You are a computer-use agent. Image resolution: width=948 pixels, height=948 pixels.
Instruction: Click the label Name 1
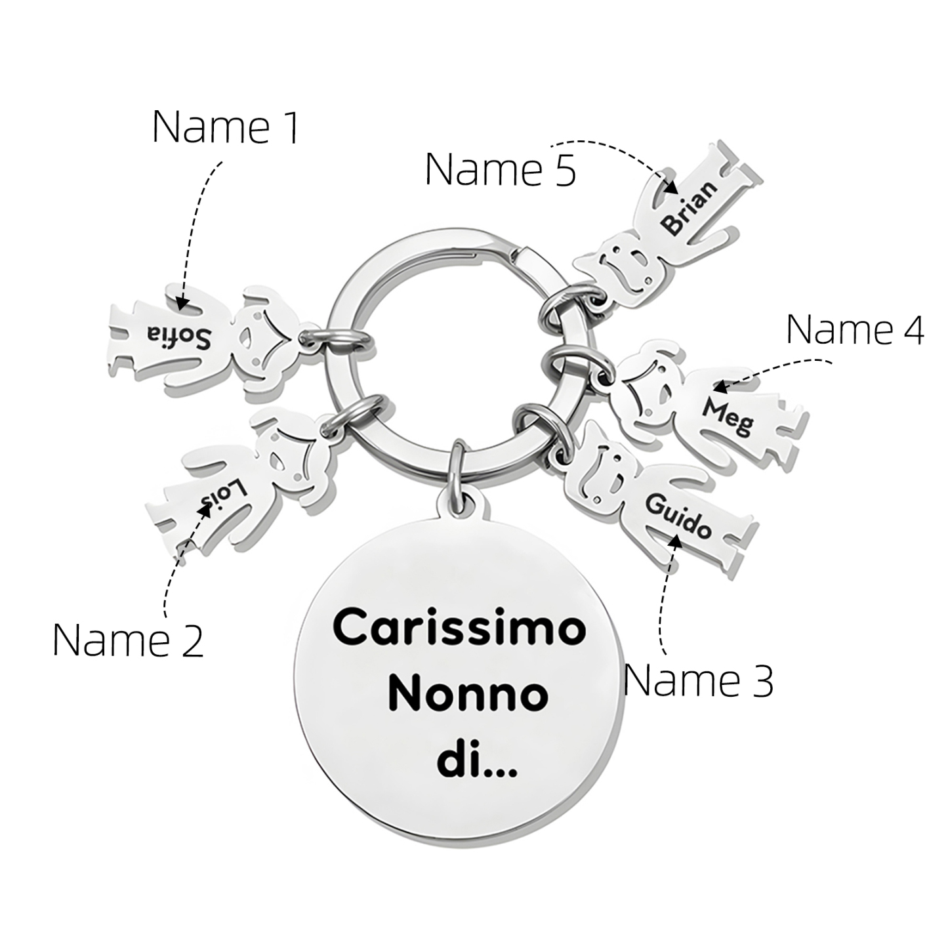tap(226, 127)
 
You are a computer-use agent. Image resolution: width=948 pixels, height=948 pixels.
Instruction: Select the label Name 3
tap(698, 680)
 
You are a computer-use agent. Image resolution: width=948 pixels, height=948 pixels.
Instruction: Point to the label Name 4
tap(855, 329)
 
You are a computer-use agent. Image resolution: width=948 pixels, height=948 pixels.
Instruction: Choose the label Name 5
tap(501, 169)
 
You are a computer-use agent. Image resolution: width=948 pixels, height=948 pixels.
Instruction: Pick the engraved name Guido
tap(678, 516)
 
